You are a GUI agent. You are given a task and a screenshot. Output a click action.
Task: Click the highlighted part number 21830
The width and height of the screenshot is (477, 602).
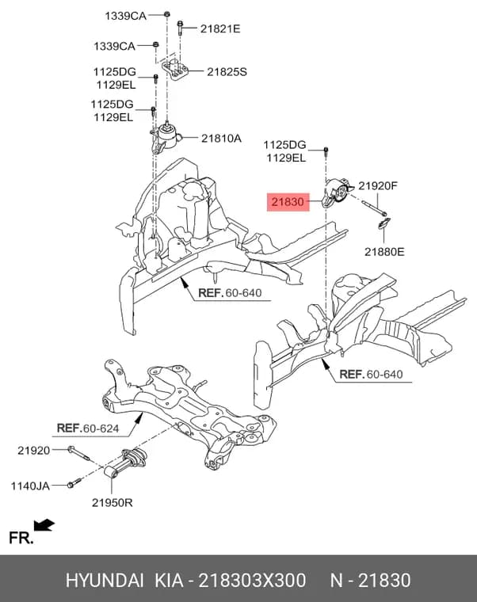[288, 202]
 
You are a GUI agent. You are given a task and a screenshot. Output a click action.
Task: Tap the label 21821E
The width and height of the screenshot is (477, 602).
[220, 29]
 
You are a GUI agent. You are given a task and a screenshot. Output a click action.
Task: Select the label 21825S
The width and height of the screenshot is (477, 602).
[227, 72]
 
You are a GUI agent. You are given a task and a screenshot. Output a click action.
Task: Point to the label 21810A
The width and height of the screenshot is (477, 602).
[221, 138]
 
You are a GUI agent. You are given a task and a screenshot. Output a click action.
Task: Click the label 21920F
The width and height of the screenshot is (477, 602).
[378, 186]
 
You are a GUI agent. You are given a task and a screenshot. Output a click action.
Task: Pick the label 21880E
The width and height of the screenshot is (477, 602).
[384, 252]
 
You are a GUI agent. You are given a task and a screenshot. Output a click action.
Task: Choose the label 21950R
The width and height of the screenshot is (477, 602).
[113, 502]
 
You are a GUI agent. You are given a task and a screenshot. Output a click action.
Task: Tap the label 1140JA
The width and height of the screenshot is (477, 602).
[30, 486]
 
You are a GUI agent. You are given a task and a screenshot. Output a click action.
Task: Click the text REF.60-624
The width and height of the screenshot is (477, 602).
[88, 428]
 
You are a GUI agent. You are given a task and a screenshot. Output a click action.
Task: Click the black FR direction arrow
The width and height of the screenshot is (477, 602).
[44, 524]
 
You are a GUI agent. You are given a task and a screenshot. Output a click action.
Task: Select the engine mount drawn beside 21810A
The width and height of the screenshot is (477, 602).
[165, 138]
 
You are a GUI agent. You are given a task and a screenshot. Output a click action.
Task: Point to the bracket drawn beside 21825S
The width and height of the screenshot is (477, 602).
[175, 68]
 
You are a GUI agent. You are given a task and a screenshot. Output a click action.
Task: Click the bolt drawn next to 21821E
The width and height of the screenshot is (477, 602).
[180, 28]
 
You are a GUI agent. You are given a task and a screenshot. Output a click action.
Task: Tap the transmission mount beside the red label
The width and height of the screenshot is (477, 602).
[335, 192]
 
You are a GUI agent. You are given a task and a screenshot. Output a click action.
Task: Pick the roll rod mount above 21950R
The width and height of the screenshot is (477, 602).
[125, 464]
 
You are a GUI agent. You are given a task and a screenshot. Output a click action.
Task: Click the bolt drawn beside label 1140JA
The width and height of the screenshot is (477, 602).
[74, 483]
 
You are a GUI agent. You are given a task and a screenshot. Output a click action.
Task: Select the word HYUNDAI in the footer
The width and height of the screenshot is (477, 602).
[105, 580]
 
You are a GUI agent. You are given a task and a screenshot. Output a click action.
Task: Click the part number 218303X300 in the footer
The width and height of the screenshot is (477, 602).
[252, 580]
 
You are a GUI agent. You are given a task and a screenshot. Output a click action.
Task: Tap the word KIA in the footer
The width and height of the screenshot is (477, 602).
[169, 580]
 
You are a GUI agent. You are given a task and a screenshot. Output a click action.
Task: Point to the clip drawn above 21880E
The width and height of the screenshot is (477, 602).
[384, 223]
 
